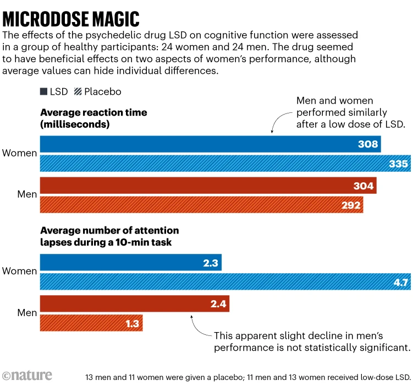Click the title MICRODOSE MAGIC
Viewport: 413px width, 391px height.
pyautogui.click(x=71, y=19)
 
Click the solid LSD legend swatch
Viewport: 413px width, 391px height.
pyautogui.click(x=43, y=91)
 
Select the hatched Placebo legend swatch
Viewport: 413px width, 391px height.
pyautogui.click(x=78, y=91)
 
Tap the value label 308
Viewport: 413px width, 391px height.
pyautogui.click(x=368, y=144)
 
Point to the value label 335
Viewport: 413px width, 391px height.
pyautogui.click(x=399, y=164)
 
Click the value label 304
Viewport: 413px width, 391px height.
pyautogui.click(x=364, y=186)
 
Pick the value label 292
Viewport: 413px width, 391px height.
pyautogui.click(x=351, y=205)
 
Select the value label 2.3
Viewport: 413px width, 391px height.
pyautogui.click(x=211, y=263)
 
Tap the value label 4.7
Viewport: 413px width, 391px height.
pyautogui.click(x=400, y=283)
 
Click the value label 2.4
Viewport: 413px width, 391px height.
pyautogui.click(x=218, y=304)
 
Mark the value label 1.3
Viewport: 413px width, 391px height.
pyautogui.click(x=132, y=323)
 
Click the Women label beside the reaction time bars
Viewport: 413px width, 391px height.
pyautogui.click(x=19, y=153)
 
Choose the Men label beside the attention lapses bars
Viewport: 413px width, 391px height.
pyautogui.click(x=27, y=313)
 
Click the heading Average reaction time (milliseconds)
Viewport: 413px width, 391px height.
pyautogui.click(x=93, y=118)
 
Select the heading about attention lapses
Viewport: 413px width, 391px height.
pyautogui.click(x=109, y=236)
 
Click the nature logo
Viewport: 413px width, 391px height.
pyautogui.click(x=27, y=375)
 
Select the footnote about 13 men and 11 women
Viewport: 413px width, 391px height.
pyautogui.click(x=248, y=377)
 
